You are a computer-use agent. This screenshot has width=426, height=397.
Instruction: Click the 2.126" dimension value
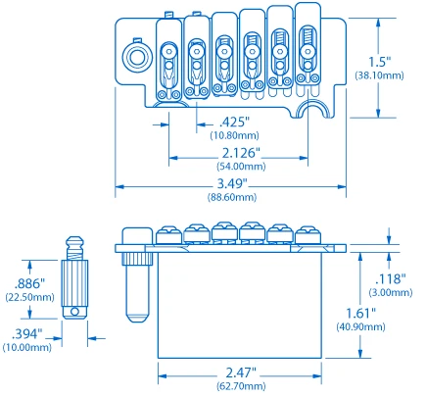[242, 155]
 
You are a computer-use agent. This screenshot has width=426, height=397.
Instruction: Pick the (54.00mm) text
[242, 168]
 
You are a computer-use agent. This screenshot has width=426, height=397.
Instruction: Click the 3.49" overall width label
[231, 185]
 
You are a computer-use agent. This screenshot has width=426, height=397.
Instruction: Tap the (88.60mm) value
[231, 198]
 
